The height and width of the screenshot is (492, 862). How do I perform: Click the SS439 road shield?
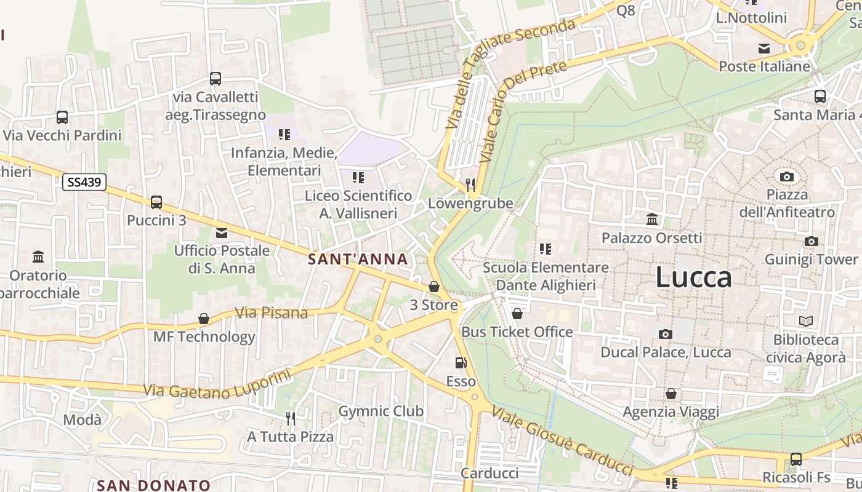point(84,182)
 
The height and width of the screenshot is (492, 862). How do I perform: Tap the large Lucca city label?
point(693,277)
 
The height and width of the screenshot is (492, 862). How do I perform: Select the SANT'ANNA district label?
point(358,260)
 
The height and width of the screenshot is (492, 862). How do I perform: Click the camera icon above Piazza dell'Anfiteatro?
point(786,177)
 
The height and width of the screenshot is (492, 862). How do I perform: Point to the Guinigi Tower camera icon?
point(812,242)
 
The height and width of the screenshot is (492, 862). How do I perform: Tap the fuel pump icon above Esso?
point(461,363)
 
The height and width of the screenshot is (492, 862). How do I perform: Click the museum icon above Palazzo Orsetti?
point(652,219)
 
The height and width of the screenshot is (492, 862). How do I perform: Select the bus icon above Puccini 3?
point(156,202)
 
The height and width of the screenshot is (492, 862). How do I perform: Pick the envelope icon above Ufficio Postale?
point(222,233)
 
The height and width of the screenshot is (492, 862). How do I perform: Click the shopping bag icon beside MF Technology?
point(203,319)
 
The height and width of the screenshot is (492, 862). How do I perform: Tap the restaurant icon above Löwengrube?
point(470,184)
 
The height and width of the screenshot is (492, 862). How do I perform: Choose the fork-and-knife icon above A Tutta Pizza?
point(291,419)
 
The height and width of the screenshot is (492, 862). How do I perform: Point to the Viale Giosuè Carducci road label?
point(562,440)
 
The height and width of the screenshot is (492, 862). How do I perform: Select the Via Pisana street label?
point(272,312)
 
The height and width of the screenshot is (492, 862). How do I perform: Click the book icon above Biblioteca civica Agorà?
point(805,321)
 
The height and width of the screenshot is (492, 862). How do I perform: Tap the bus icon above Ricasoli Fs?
point(796,459)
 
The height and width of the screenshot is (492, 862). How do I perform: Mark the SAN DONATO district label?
point(154,485)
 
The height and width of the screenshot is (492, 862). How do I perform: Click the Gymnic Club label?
point(381,411)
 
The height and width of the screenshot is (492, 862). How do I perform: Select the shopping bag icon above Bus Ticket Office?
point(517,314)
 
